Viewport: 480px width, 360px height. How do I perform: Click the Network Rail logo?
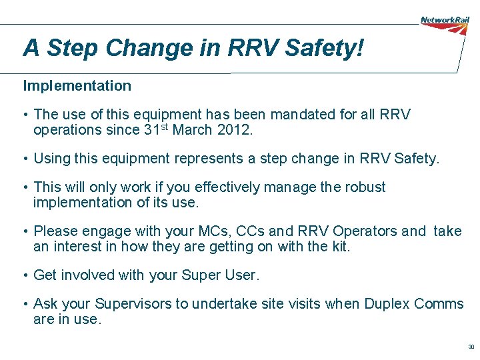tap(445, 21)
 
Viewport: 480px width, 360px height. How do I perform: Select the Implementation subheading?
tap(77, 86)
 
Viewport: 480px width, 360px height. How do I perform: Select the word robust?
tap(366, 187)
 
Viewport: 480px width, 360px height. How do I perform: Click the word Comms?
tap(439, 304)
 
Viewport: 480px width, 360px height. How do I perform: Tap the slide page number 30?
tap(471, 347)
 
